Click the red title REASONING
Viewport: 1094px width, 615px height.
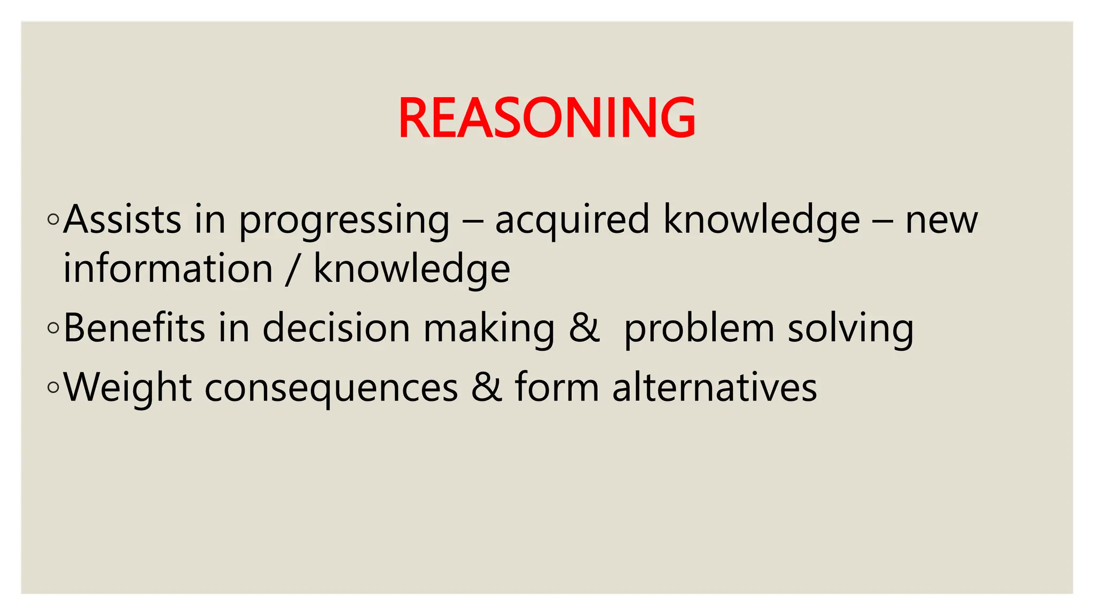tap(546, 118)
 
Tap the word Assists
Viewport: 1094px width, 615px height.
tap(122, 219)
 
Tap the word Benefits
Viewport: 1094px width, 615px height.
tap(134, 328)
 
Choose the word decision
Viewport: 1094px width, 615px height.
tap(336, 328)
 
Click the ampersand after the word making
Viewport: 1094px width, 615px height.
tap(584, 328)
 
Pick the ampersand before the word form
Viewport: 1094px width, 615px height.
tap(487, 387)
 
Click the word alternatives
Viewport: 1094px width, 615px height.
tap(714, 387)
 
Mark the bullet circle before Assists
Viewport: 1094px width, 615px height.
tap(53, 219)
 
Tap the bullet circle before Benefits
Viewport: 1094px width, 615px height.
tap(53, 328)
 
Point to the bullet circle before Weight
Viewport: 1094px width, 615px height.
tap(53, 387)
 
